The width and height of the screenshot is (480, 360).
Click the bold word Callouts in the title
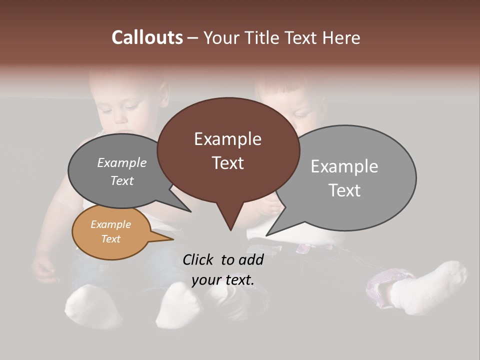coord(147,37)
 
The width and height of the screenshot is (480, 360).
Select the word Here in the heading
coord(341,37)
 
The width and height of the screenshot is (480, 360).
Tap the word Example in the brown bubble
coord(227,139)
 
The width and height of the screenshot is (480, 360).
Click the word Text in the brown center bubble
coord(227,163)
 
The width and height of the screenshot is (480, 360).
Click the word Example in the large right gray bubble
coord(344,166)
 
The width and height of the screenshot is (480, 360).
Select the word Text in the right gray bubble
coord(344,190)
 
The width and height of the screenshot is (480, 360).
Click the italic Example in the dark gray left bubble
coord(122,162)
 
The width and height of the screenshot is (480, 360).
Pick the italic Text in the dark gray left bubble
coord(122,180)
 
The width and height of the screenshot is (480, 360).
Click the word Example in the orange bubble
coord(110,224)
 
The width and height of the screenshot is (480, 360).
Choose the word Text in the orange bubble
coord(110,239)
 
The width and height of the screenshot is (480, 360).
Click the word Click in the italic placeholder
coord(198,259)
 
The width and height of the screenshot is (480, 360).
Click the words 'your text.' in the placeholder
coord(222,280)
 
